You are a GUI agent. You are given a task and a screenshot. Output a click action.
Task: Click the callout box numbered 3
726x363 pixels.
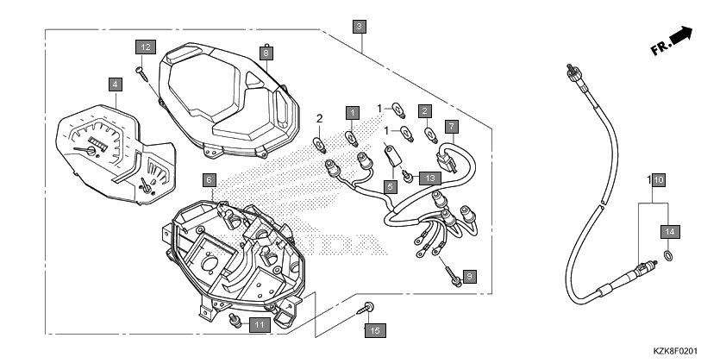(360, 27)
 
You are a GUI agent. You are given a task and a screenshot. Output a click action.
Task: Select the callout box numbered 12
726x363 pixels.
(146, 47)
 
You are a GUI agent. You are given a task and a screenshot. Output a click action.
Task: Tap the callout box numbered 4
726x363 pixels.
(116, 84)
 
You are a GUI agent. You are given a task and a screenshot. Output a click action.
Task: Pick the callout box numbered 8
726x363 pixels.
(266, 53)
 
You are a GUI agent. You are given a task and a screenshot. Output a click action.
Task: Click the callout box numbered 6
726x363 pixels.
(210, 180)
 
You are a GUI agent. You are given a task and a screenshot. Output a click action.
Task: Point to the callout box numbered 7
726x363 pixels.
(452, 127)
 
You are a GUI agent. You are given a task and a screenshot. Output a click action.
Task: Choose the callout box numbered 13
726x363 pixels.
(430, 178)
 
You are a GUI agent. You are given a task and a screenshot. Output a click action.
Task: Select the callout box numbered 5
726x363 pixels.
(391, 186)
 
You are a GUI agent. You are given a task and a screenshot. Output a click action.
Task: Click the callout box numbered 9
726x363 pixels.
(469, 277)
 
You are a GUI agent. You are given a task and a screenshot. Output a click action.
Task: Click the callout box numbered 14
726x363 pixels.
(671, 231)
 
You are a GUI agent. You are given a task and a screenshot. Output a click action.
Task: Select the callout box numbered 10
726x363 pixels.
(659, 179)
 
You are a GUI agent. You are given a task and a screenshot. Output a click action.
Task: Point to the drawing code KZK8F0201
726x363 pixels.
(674, 352)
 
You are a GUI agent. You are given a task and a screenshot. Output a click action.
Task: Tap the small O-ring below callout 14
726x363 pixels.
(667, 254)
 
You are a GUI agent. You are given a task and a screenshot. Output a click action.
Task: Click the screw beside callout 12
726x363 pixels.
(141, 74)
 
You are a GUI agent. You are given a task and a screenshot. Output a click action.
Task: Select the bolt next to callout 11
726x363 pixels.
(235, 320)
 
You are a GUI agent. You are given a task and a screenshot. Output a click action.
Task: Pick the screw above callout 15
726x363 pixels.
(366, 309)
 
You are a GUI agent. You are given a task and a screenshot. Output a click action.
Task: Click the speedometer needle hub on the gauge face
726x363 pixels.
(91, 151)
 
